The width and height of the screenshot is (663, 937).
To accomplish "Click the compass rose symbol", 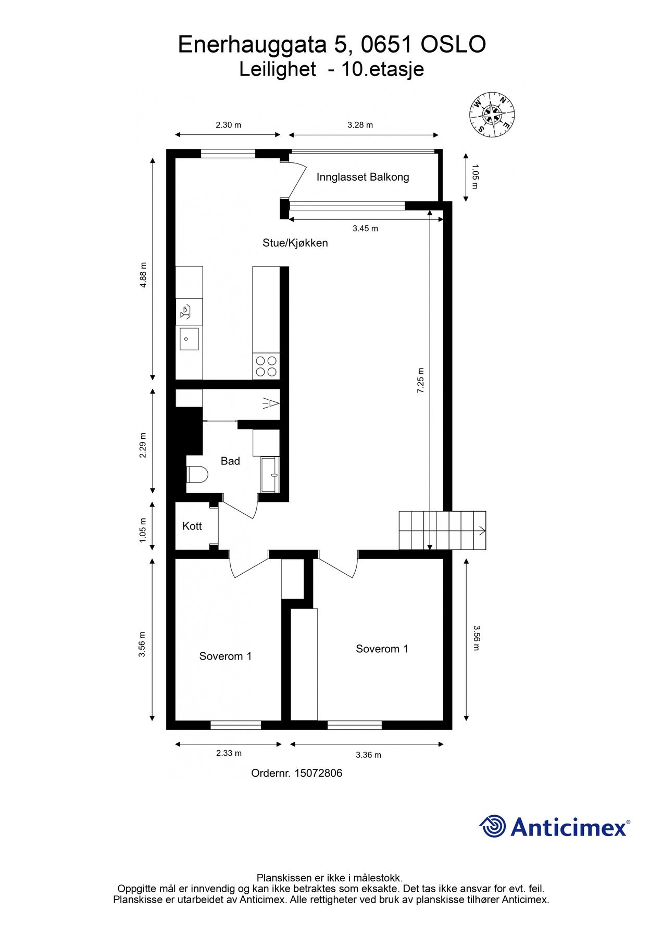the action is click(492, 115).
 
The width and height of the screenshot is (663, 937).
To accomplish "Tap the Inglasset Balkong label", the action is click(362, 177).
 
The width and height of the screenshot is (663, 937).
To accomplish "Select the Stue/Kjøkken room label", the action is click(295, 243).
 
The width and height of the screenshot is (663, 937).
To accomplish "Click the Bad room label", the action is click(230, 461).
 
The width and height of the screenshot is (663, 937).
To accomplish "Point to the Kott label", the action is click(192, 526).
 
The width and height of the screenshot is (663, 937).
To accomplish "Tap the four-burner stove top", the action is click(266, 366).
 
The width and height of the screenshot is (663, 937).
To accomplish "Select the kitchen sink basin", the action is click(189, 339).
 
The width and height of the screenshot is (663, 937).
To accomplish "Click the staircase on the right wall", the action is click(443, 530).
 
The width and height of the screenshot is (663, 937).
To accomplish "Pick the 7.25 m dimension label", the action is click(421, 380).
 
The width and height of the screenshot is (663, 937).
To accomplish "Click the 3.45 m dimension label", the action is click(365, 229).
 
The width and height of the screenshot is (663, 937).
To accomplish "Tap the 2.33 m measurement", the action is click(229, 753).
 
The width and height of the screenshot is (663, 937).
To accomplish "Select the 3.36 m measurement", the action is click(368, 755).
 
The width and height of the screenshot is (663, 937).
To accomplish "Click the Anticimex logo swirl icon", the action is click(493, 826).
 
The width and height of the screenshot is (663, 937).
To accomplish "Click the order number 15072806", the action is click(318, 773).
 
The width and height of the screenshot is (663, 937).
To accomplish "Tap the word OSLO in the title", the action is click(453, 45).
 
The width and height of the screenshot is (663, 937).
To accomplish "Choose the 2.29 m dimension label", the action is click(143, 446).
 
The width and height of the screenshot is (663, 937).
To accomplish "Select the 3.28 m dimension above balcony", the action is click(360, 125).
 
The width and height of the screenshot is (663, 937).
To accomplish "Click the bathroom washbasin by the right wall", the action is click(270, 474).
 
